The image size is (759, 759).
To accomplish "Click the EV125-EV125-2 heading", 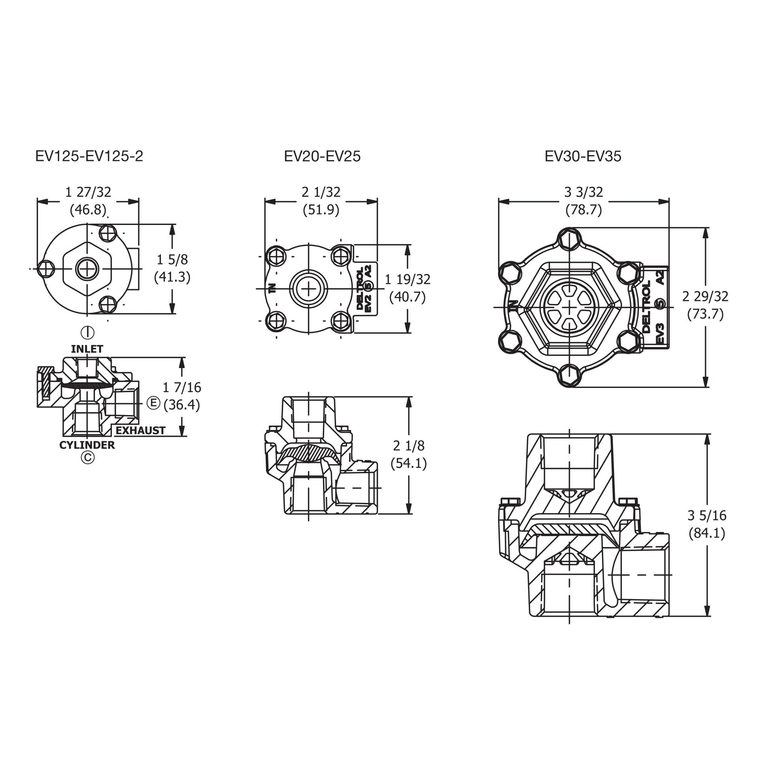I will pyautogui.click(x=89, y=157).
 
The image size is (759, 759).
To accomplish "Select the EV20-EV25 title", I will pyautogui.click(x=322, y=157).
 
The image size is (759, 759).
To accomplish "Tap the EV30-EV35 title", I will pyautogui.click(x=583, y=157).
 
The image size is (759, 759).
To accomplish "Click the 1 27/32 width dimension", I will pyautogui.click(x=88, y=192).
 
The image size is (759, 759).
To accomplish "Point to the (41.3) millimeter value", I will pyautogui.click(x=172, y=277).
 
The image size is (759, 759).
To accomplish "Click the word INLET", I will pyautogui.click(x=87, y=349).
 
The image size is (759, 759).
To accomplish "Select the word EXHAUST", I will pyautogui.click(x=140, y=430).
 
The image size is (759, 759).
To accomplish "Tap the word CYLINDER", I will pyautogui.click(x=87, y=445).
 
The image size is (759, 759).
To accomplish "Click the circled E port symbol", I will pyautogui.click(x=153, y=403).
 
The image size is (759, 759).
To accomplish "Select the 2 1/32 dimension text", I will pyautogui.click(x=321, y=192).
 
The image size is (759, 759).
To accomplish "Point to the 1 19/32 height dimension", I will pyautogui.click(x=408, y=279).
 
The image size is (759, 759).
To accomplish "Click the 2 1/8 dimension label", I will pyautogui.click(x=409, y=446).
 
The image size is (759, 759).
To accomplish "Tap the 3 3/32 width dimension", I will pyautogui.click(x=583, y=192).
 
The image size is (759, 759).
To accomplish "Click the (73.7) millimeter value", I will pyautogui.click(x=705, y=314).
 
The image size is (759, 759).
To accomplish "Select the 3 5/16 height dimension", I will pyautogui.click(x=707, y=515).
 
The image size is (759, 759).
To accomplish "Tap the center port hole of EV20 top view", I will pyautogui.click(x=308, y=289).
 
